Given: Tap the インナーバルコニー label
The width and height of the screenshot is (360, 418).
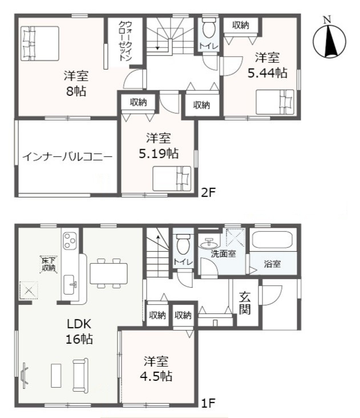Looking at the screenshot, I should (67, 157).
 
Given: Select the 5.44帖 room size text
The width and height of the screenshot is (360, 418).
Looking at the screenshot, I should (267, 73).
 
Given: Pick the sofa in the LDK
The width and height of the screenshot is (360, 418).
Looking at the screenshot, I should (80, 374).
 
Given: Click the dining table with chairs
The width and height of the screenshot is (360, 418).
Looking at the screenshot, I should (109, 272).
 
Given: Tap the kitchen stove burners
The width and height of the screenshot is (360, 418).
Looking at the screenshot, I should (70, 241).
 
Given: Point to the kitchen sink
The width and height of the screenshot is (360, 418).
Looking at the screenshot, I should (71, 282).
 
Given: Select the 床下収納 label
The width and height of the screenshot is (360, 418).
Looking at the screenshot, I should (48, 264).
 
